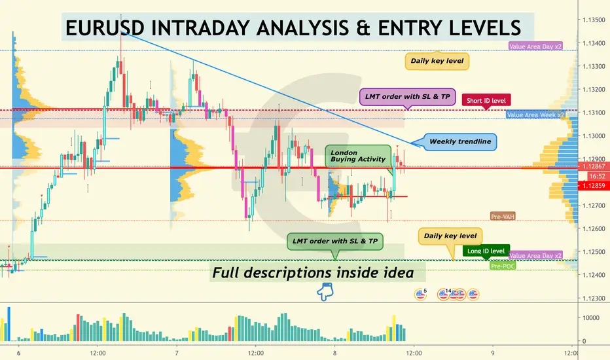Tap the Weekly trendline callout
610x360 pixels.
[460, 141]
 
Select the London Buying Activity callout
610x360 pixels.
[358, 156]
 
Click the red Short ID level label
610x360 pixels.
[486, 100]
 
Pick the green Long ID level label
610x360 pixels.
[486, 251]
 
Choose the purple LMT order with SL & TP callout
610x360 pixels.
[407, 96]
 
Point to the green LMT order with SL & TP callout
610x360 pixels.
[335, 242]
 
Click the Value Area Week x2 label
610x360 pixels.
[535, 115]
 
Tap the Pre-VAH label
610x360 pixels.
[503, 217]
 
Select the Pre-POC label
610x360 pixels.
[503, 266]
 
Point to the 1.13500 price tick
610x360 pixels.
[594, 20]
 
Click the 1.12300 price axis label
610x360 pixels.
[594, 298]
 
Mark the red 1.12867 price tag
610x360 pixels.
[594, 166]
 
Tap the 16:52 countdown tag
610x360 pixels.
[597, 176]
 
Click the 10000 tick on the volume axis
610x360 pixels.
[591, 318]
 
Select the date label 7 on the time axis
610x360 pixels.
[177, 353]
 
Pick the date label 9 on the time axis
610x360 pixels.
[492, 353]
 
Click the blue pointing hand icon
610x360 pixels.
[325, 291]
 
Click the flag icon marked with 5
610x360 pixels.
[421, 294]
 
